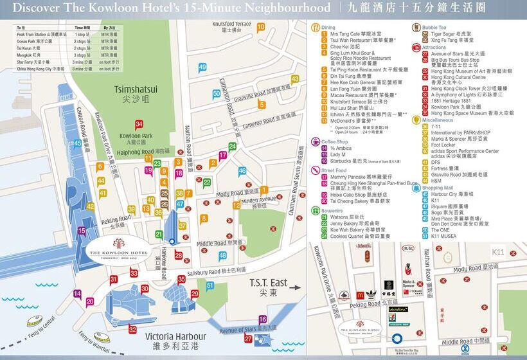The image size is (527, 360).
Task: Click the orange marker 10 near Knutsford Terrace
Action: point(260,27)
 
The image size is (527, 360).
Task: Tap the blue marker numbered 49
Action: point(202,67)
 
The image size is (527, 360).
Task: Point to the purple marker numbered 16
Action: point(263,319)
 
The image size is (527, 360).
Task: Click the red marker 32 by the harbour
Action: point(132,329)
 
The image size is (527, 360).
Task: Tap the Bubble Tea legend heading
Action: point(434,28)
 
